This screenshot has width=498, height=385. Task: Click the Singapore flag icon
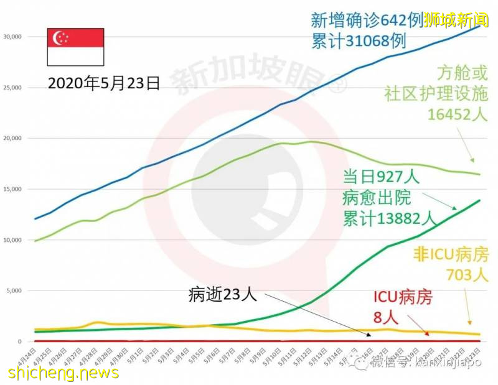(x=76, y=47)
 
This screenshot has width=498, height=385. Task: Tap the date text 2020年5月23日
(x=103, y=83)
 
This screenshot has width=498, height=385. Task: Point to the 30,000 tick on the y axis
(x=12, y=37)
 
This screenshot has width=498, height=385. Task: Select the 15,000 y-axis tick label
(x=12, y=189)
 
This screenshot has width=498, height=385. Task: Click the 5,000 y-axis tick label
(x=13, y=290)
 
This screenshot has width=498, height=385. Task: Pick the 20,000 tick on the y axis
(x=12, y=138)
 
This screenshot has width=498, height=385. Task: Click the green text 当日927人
(x=381, y=176)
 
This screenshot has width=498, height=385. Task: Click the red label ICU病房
(x=403, y=298)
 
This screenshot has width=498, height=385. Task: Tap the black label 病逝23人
(x=222, y=294)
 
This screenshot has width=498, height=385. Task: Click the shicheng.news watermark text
(x=63, y=373)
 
